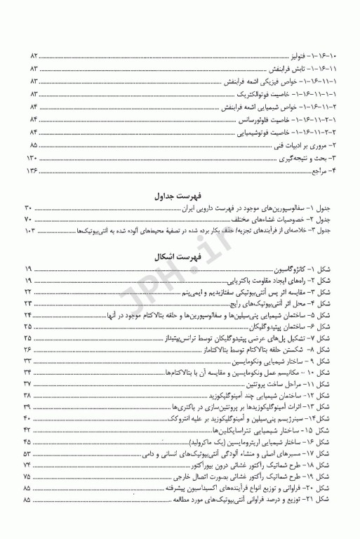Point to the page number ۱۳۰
click(x=32, y=159)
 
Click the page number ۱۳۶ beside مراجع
click(x=32, y=171)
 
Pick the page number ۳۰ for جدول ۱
click(x=29, y=208)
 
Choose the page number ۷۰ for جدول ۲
click(x=29, y=220)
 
